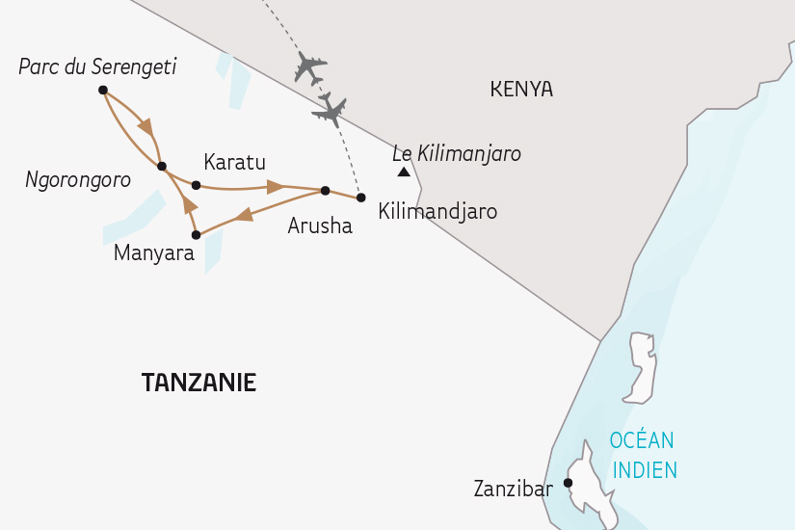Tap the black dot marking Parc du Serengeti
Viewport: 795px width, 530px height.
tap(102, 90)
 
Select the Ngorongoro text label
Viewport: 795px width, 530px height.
tap(78, 179)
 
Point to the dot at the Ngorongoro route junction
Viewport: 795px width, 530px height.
tap(161, 166)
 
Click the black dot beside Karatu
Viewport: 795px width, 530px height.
tap(196, 185)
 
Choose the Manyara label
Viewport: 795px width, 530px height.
tap(154, 253)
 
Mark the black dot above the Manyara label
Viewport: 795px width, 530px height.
tap(196, 234)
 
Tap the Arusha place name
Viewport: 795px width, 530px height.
tap(320, 227)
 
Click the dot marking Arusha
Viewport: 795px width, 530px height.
tap(325, 190)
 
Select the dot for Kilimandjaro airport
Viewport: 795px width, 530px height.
tap(360, 198)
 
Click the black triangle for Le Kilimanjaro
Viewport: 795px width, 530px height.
tap(403, 172)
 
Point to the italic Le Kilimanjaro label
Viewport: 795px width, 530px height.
tap(457, 153)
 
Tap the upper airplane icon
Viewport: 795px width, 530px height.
tap(310, 68)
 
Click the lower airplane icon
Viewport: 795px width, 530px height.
tap(330, 110)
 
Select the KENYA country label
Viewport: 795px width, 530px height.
tap(521, 90)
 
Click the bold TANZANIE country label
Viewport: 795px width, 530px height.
tap(199, 383)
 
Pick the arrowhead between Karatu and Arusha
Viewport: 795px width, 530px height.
tap(275, 186)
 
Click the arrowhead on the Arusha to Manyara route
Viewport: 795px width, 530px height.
tap(244, 214)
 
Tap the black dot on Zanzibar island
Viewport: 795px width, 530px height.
tap(568, 483)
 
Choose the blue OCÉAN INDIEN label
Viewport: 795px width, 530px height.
tap(643, 455)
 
